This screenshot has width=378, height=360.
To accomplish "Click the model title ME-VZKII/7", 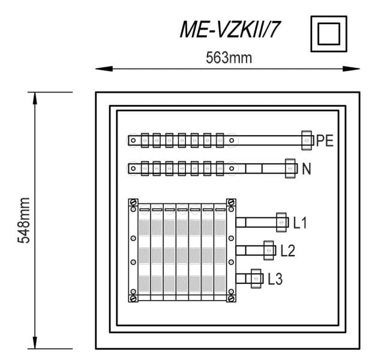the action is (x=229, y=29).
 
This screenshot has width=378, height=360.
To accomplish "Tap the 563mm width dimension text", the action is (x=229, y=58).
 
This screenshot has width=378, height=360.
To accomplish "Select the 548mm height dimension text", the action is (x=23, y=220).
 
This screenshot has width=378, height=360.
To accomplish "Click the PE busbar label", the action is (x=325, y=140).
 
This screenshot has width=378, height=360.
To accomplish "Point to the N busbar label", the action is (x=307, y=169).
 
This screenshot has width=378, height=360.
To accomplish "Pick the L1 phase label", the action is (x=300, y=223).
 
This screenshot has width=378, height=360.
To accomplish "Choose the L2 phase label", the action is (x=288, y=251).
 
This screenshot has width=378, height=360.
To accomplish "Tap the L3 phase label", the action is (x=275, y=279).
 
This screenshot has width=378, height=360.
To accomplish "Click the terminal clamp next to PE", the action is (x=307, y=140).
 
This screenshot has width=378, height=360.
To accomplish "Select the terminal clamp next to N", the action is (x=290, y=169).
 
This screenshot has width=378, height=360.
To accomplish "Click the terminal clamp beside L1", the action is (x=281, y=223).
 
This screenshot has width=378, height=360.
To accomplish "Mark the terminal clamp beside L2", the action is (x=269, y=250).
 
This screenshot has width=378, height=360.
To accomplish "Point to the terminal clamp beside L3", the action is (x=256, y=278).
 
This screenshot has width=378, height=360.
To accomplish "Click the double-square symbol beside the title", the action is (x=329, y=34).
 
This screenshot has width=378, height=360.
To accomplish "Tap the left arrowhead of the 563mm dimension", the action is (x=104, y=69).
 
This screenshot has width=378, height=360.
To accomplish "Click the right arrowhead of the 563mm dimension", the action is (x=352, y=69).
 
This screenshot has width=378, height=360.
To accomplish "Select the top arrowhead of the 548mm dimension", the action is (x=35, y=98).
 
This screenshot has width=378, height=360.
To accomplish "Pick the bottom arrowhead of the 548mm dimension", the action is (x=35, y=343).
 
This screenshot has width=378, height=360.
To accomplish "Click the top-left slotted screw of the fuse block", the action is (x=133, y=202).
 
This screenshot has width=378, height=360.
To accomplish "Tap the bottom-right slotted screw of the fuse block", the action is (x=231, y=299).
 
